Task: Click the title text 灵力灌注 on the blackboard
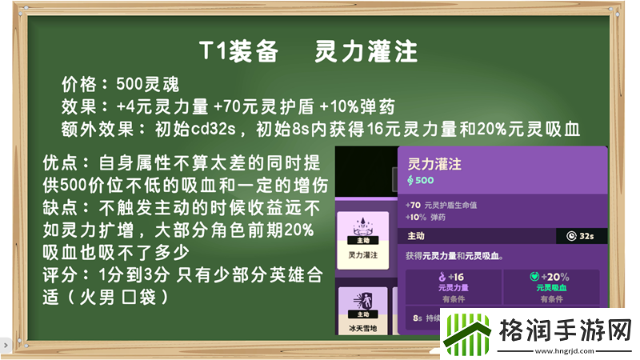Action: (366, 52)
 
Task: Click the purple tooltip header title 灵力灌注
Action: (435, 164)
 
